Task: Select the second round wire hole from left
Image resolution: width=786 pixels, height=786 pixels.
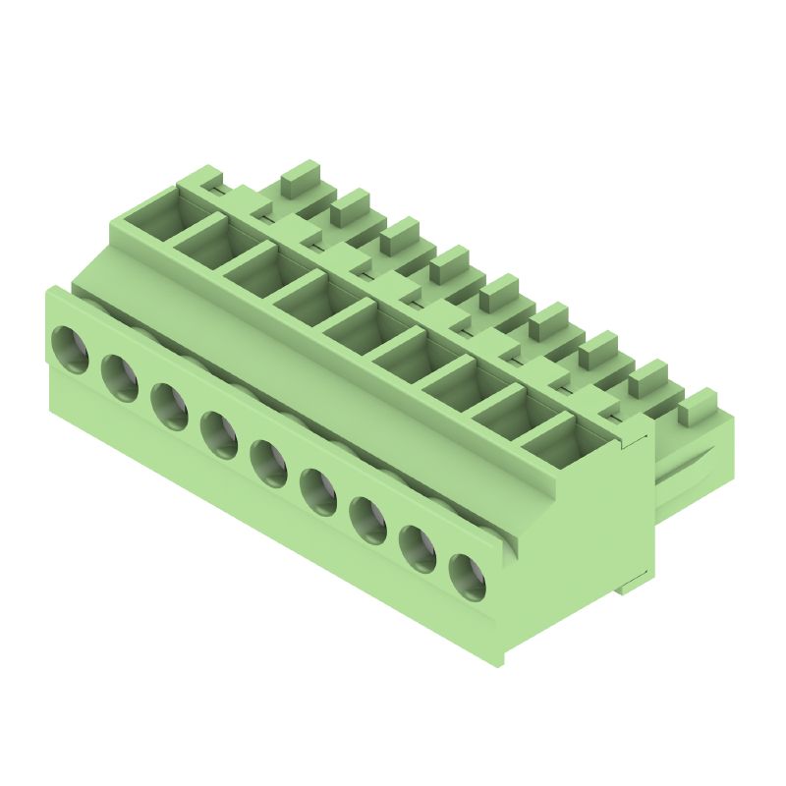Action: [x=120, y=376]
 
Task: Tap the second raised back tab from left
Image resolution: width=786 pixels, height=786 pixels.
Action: [x=351, y=205]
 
